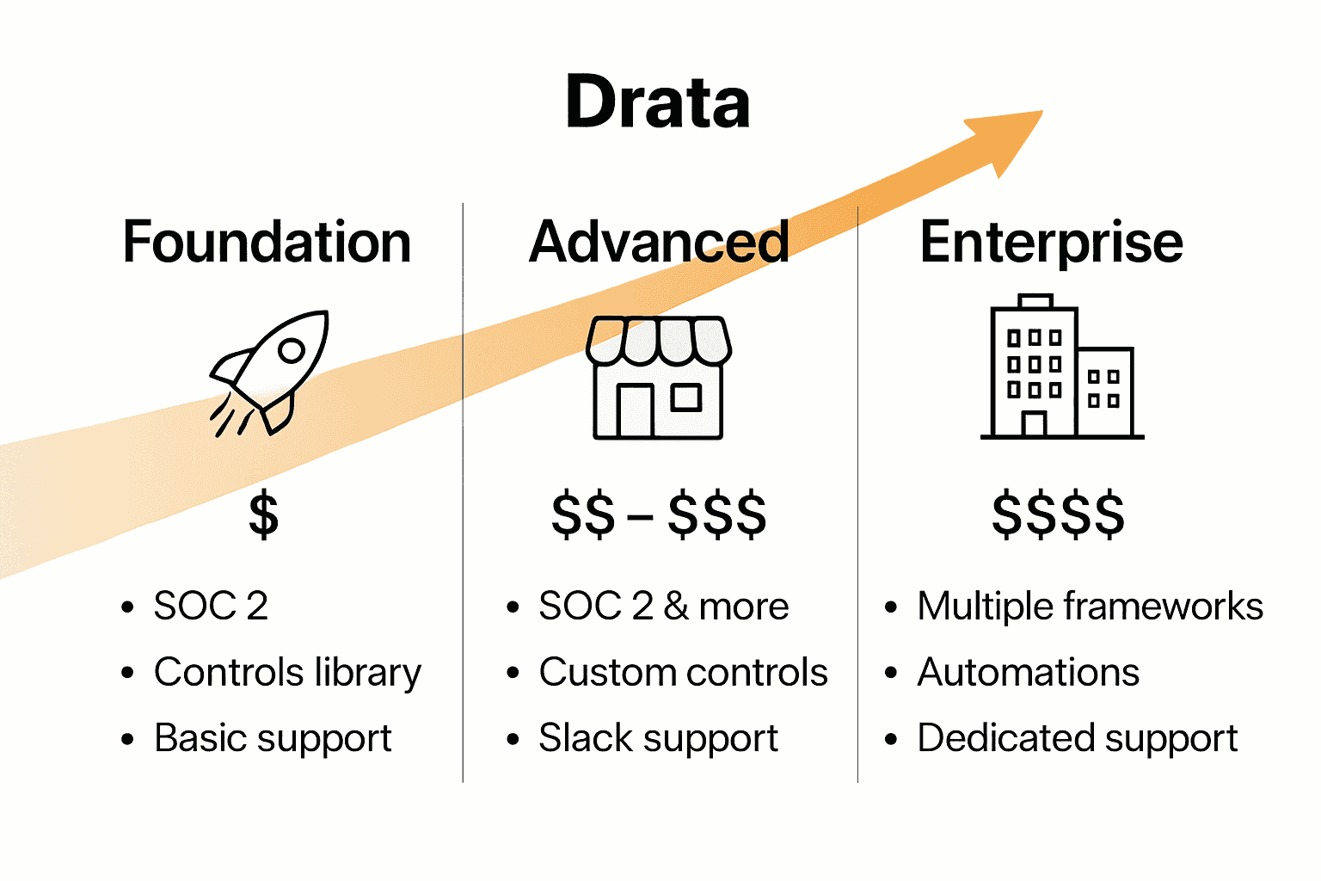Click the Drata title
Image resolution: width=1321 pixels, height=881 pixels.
658,102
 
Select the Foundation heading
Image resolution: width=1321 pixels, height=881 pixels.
267,242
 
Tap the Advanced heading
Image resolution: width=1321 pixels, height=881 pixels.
659,242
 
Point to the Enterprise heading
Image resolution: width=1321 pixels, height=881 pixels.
1051,242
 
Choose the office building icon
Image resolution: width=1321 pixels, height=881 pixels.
1061,367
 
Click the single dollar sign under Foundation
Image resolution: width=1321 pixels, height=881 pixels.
263,514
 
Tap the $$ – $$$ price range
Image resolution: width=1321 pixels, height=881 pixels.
659,514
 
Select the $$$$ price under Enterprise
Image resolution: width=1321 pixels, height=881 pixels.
1058,514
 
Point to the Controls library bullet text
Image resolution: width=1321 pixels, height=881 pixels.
287,673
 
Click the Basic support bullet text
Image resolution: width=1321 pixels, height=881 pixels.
273,738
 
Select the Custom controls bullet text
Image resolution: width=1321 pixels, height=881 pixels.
683,673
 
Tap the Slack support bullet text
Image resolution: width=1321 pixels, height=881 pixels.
658,738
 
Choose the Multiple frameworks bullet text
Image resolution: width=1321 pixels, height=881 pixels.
1090,607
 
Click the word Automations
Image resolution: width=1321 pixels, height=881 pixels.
1028,673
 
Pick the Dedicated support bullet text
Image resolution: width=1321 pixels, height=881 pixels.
1077,738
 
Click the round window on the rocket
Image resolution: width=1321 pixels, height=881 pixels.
292,350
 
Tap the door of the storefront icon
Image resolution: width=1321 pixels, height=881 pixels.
635,410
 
